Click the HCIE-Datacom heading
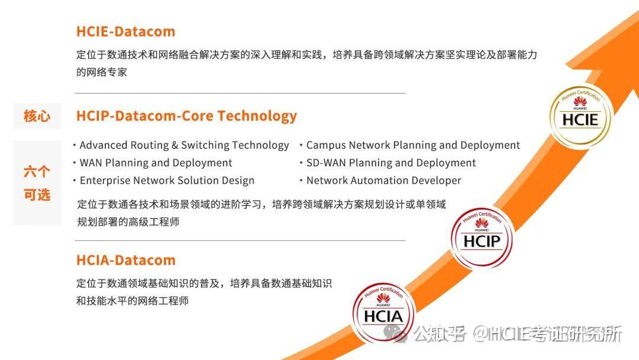coord(125,31)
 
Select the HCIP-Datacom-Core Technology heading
coord(186,115)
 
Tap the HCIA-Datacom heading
coord(125,260)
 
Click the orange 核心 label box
coord(37,116)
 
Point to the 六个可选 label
coord(37,183)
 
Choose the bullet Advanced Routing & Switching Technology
coord(184,145)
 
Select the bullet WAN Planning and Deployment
coord(156,163)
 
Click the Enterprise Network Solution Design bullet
coord(167,181)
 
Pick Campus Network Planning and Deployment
coord(413,145)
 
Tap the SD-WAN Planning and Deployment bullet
coord(390,163)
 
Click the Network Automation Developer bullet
coord(383,181)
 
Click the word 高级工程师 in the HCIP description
coord(154,222)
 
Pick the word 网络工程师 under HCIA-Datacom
coord(163,301)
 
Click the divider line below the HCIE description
coord(240,93)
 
